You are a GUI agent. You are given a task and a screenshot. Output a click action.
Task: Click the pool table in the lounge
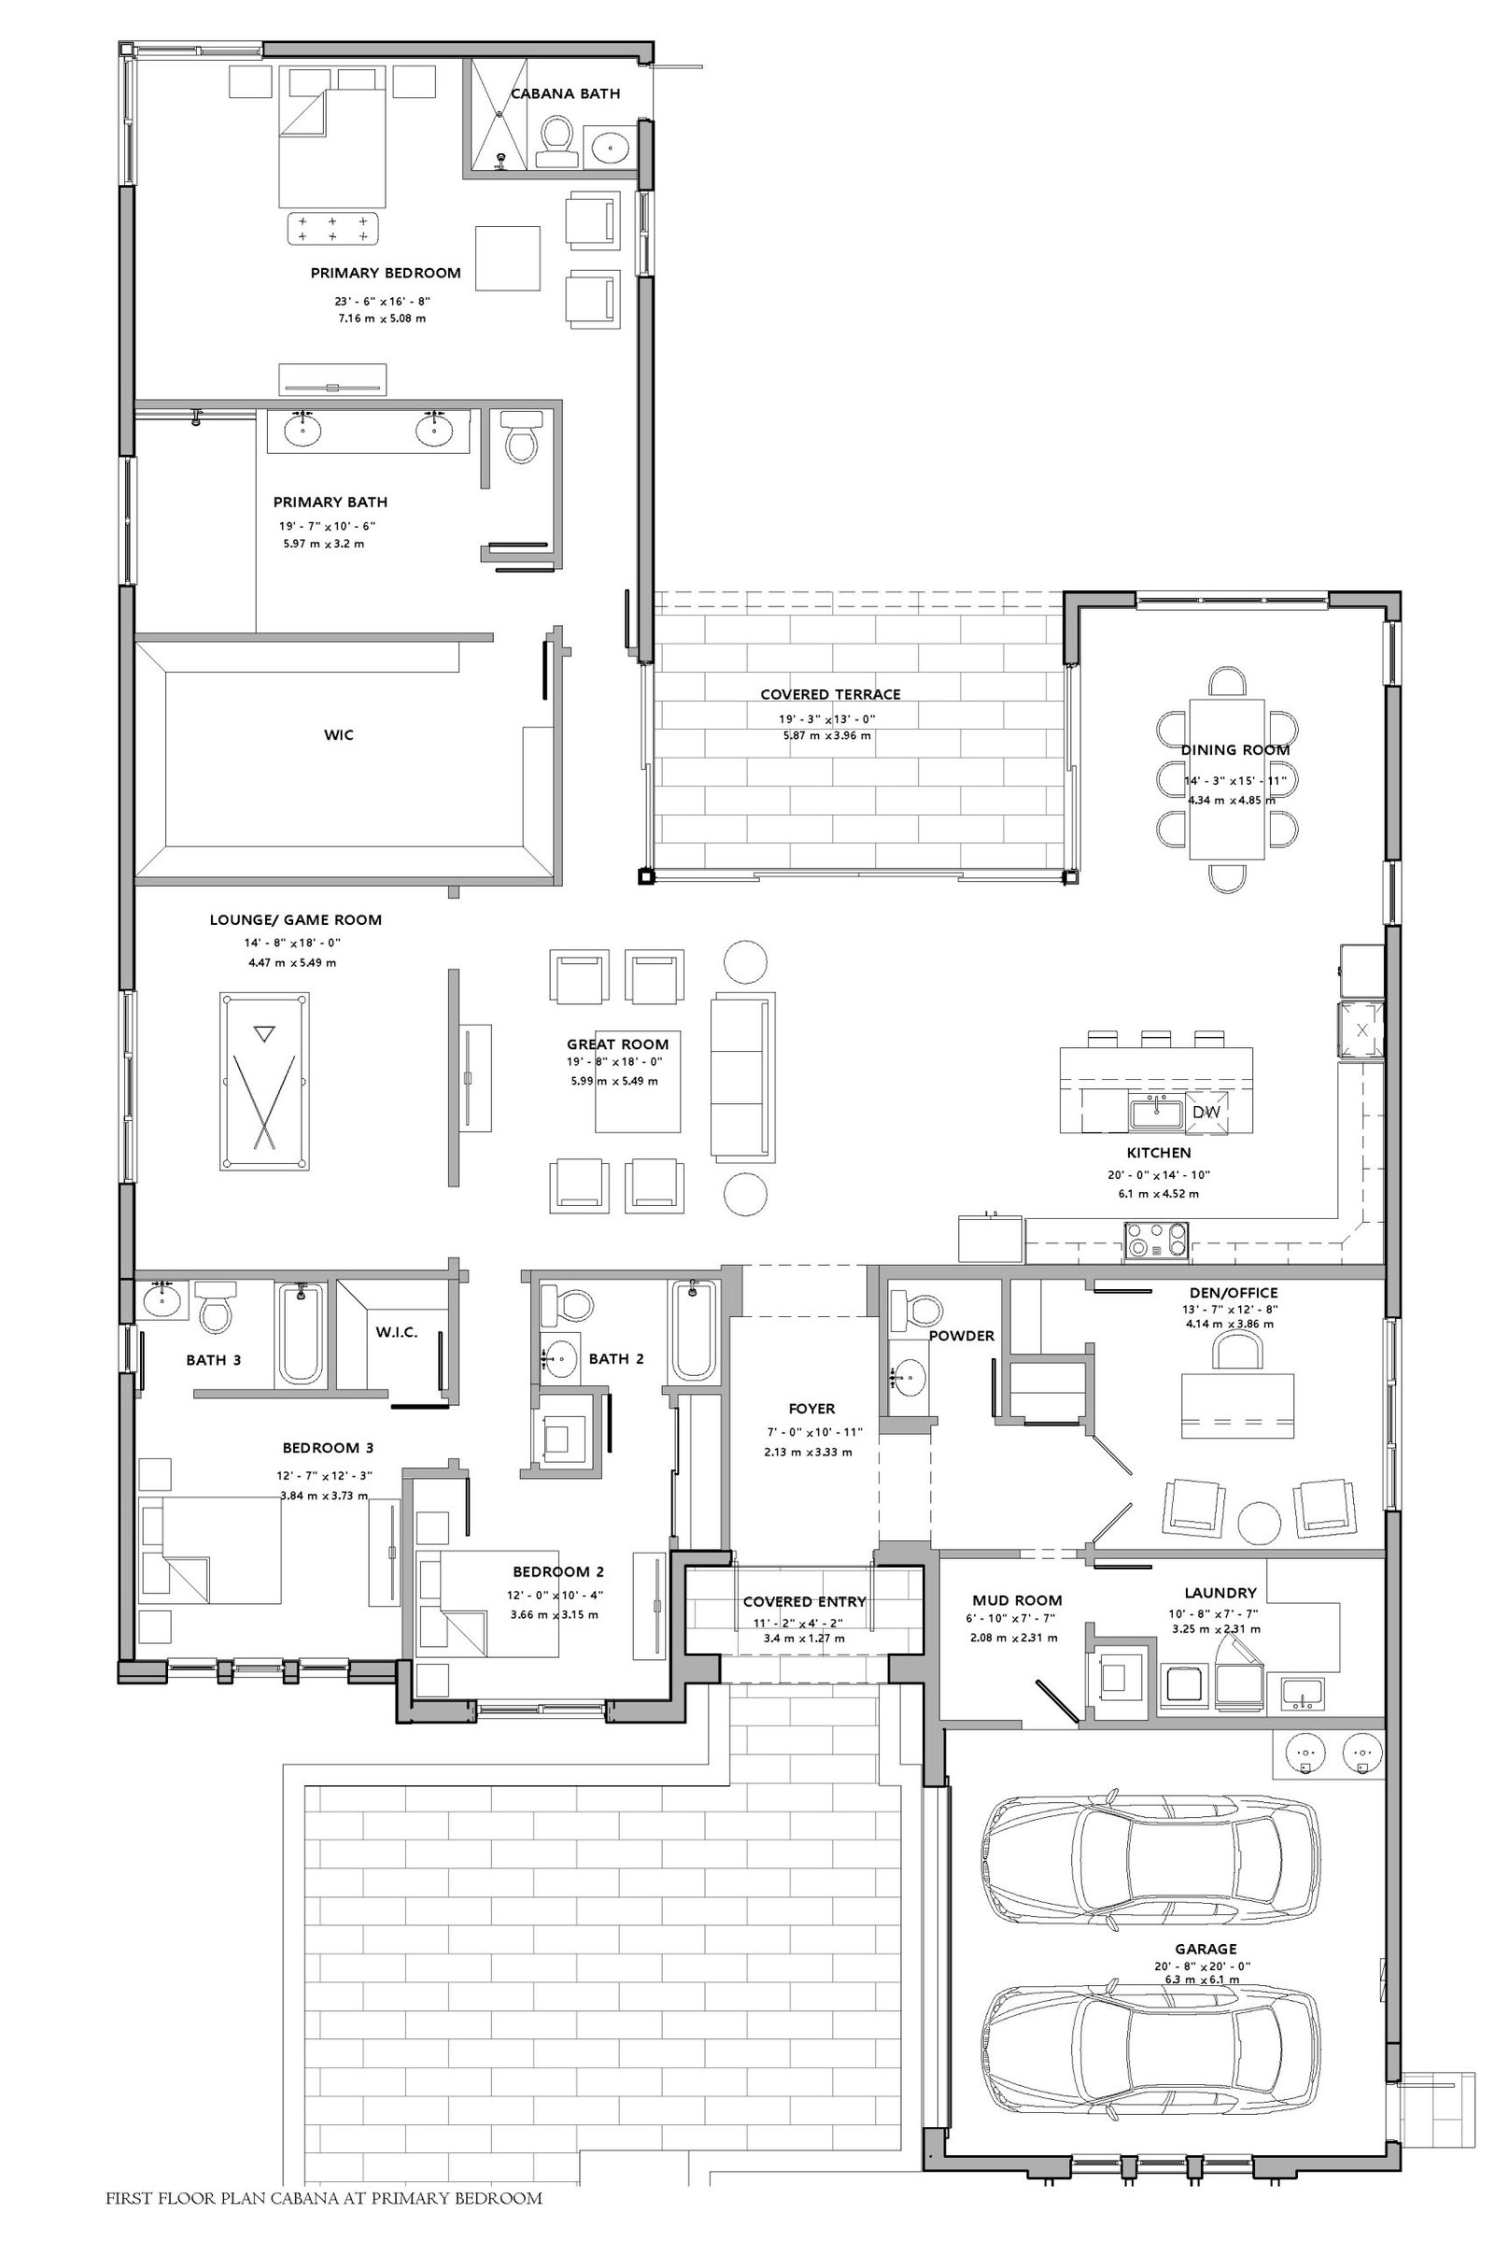click(265, 1080)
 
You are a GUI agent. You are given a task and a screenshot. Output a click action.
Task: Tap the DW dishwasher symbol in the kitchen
click(1205, 1112)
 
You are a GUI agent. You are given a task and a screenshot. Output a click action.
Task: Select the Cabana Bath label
click(565, 93)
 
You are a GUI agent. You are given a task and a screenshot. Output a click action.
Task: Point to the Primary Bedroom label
click(385, 273)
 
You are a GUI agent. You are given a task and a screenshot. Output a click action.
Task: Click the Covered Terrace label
click(830, 694)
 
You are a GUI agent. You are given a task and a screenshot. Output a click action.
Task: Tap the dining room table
click(1227, 779)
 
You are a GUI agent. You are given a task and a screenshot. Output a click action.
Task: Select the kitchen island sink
click(1156, 1112)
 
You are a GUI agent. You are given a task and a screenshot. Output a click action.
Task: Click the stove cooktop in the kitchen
click(1157, 1242)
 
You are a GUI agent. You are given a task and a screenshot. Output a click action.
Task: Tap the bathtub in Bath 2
click(694, 1329)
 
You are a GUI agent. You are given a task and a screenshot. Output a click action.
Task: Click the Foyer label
click(811, 1408)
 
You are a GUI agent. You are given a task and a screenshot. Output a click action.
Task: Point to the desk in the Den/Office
click(1236, 1406)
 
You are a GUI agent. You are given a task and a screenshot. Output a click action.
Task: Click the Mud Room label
click(1017, 1600)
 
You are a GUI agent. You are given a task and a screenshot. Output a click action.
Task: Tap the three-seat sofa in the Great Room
click(742, 1074)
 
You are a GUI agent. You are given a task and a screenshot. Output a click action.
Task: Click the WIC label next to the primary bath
click(338, 734)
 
